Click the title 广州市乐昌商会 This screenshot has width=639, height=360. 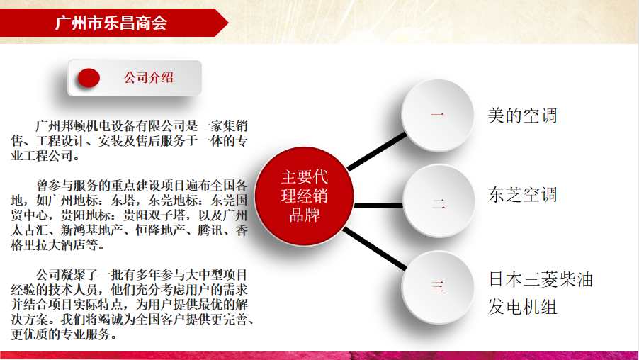pyautogui.click(x=111, y=23)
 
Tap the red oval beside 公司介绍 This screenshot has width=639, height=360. pyautogui.click(x=89, y=77)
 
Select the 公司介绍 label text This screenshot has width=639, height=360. pyautogui.click(x=149, y=77)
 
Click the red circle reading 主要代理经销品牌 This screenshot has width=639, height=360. pyautogui.click(x=304, y=196)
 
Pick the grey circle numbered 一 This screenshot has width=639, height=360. pyautogui.click(x=438, y=115)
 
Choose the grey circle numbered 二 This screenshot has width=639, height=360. pyautogui.click(x=439, y=201)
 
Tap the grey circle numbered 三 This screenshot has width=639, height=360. pyautogui.click(x=438, y=287)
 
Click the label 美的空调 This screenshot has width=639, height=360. pyautogui.click(x=522, y=116)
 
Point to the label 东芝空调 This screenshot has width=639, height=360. pyautogui.click(x=522, y=194)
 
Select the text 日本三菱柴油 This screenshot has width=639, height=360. pyautogui.click(x=541, y=279)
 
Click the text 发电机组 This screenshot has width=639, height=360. pyautogui.click(x=522, y=307)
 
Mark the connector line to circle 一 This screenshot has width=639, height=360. pyautogui.click(x=377, y=151)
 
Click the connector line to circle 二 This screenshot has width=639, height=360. pyautogui.click(x=378, y=205)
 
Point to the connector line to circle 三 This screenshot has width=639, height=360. pyautogui.click(x=375, y=249)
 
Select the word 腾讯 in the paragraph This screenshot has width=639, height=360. pyautogui.click(x=210, y=230)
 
